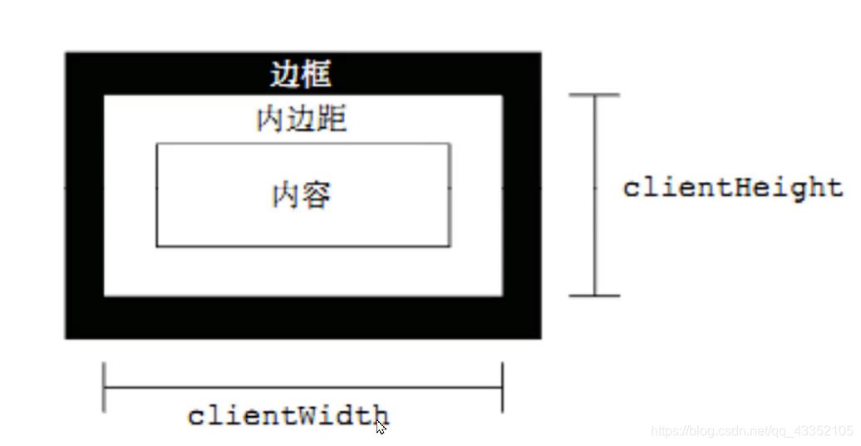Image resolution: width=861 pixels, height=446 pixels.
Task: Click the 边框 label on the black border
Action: [301, 75]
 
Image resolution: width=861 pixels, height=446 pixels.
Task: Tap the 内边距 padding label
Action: [301, 120]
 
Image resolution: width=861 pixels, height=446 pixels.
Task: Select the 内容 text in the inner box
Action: [302, 196]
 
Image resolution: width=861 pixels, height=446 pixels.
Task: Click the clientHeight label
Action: [733, 188]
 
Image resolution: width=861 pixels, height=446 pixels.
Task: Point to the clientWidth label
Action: [288, 414]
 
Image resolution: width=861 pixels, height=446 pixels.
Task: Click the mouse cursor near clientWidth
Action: [381, 426]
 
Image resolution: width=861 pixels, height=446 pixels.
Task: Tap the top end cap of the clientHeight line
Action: [594, 96]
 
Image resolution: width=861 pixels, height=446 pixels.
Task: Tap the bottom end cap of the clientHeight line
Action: [594, 295]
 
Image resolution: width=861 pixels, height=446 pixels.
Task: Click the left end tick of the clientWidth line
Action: [104, 387]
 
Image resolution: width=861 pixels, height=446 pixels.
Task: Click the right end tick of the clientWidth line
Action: [502, 387]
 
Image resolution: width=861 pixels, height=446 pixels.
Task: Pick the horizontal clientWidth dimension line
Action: [303, 387]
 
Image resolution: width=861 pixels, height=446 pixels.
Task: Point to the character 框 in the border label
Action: [317, 75]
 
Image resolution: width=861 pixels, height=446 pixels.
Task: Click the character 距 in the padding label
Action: [332, 120]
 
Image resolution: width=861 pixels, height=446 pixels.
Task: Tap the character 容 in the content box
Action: [317, 196]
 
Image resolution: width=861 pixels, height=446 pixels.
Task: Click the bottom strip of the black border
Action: [303, 317]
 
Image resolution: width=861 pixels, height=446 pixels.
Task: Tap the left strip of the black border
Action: [85, 195]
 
